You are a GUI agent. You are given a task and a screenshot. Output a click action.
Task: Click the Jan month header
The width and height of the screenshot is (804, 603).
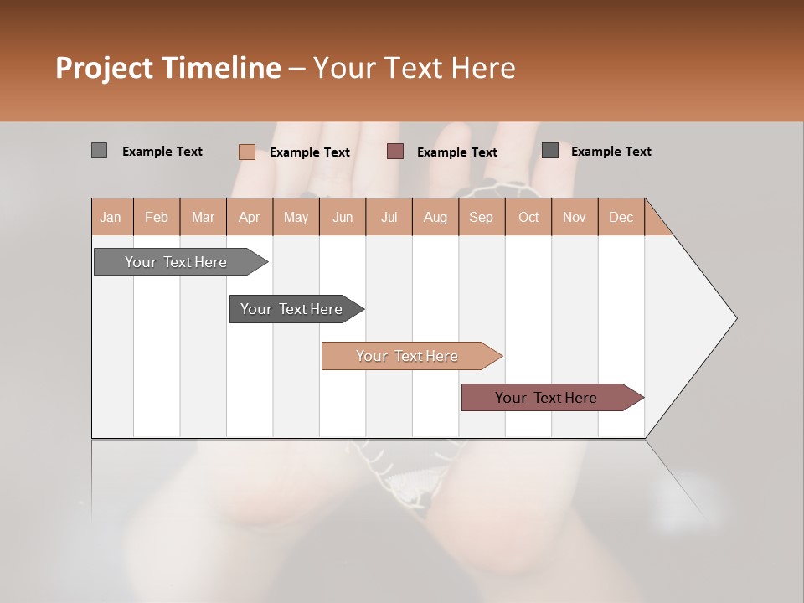point(111,217)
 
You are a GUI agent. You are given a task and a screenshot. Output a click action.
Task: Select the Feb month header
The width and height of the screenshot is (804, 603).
point(157,217)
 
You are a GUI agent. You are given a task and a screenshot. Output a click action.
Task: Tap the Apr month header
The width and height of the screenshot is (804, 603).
point(249,217)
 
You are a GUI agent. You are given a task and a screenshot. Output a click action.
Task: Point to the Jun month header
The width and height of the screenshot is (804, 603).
point(343,217)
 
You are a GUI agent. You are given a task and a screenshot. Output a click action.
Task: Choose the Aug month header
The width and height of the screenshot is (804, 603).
point(435,217)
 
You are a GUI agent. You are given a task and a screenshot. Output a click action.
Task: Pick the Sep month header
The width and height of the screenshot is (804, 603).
point(481,217)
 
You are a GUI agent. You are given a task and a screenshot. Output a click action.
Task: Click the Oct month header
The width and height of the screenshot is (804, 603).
point(528,217)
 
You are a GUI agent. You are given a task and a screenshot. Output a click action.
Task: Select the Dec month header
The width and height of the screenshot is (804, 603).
point(621,217)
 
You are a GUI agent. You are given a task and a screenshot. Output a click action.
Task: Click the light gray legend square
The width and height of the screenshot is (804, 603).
point(99,151)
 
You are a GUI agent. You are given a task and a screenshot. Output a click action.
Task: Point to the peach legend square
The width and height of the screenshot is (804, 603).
point(246,152)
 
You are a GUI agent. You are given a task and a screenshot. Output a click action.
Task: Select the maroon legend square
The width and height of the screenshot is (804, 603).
point(395,152)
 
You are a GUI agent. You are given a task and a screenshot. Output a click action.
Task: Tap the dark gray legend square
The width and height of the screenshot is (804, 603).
point(550,151)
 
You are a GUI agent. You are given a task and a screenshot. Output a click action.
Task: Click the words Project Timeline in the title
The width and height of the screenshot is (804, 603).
point(167,68)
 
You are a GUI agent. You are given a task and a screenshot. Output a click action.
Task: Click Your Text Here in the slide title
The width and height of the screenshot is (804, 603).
point(414,68)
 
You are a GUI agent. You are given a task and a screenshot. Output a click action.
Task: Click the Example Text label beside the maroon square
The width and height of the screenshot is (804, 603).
point(456,152)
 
